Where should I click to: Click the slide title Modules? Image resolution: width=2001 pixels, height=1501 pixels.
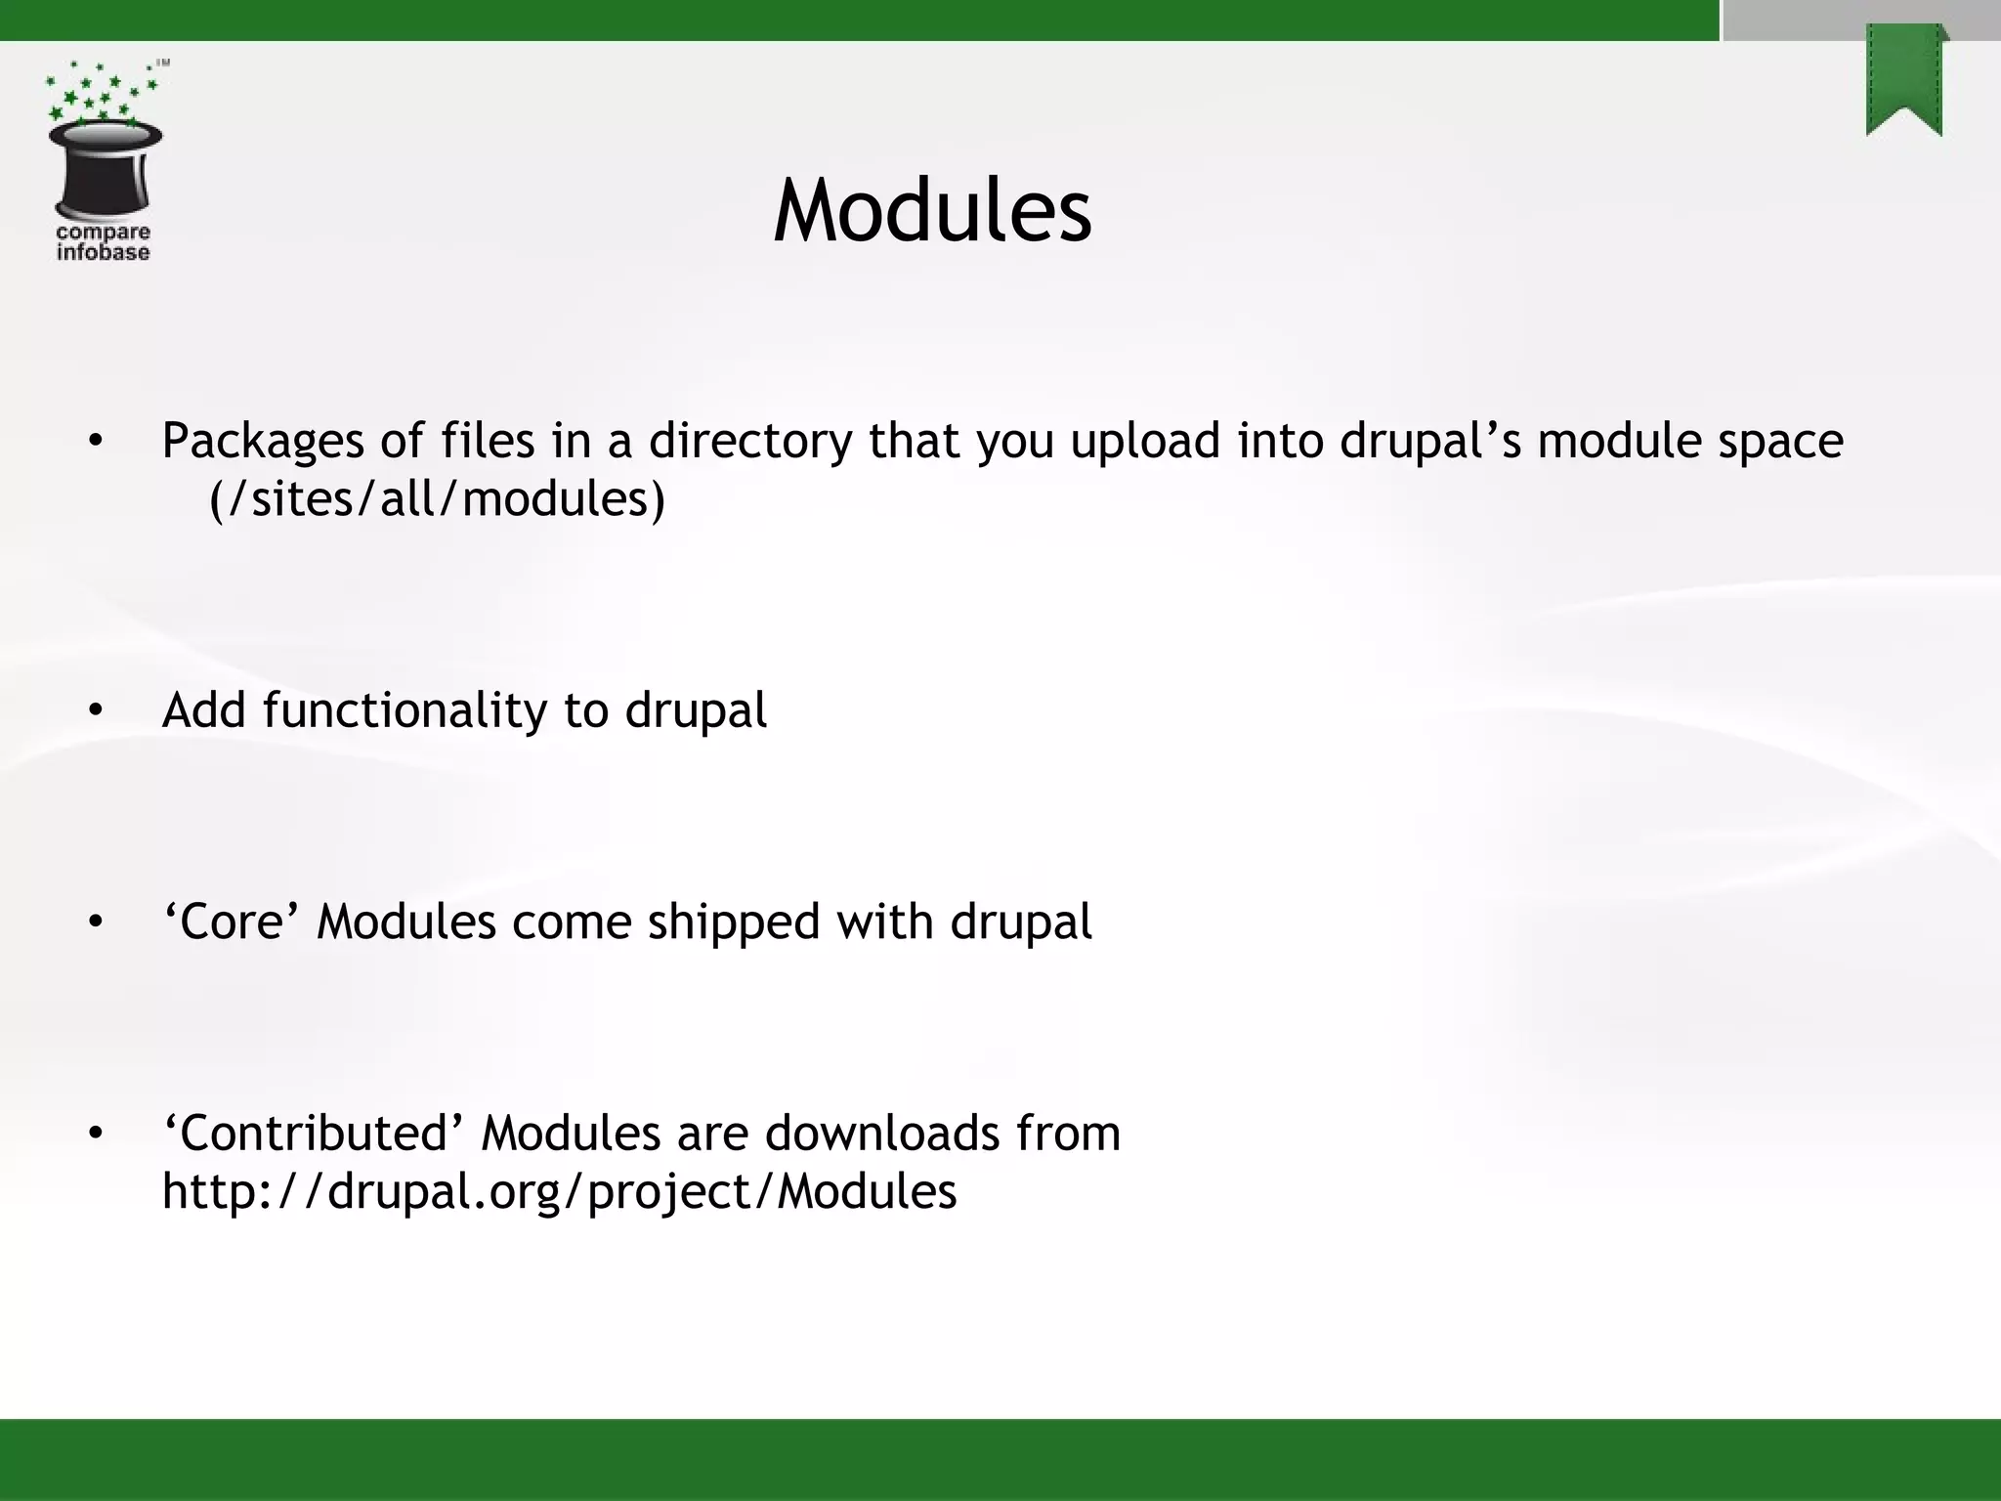(x=931, y=211)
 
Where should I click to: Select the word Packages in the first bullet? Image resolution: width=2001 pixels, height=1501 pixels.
(x=263, y=442)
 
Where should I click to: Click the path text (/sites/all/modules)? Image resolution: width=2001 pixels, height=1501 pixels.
(x=437, y=499)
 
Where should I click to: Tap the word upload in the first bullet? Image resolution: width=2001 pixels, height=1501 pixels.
(x=1145, y=442)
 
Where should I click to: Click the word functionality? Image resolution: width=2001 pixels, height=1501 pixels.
(x=404, y=710)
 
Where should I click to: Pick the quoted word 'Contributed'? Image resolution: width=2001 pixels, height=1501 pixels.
(x=313, y=1134)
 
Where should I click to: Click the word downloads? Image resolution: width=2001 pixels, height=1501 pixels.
(x=882, y=1134)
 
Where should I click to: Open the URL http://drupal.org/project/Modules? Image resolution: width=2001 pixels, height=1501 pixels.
(x=559, y=1192)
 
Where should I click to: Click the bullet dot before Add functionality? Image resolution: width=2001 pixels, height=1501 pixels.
(x=95, y=711)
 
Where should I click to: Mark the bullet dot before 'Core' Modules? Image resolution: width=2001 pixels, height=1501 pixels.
(x=95, y=922)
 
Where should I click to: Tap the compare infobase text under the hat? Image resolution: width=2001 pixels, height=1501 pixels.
(x=103, y=242)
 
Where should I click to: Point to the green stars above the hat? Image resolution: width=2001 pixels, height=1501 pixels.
(x=98, y=93)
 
